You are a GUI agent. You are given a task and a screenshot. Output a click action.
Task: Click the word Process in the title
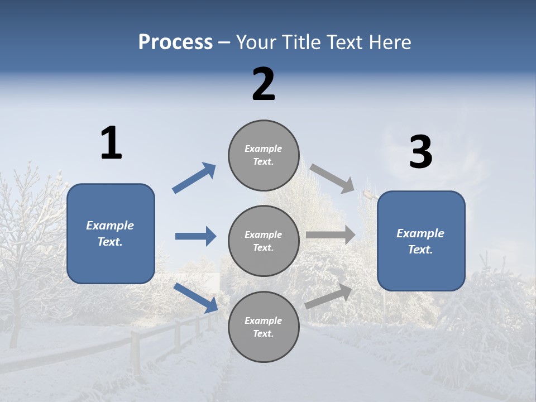pyautogui.click(x=175, y=42)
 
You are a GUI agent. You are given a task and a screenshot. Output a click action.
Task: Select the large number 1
pyautogui.click(x=111, y=143)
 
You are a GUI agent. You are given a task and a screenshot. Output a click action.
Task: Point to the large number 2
pyautogui.click(x=264, y=84)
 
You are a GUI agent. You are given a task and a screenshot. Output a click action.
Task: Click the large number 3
pyautogui.click(x=420, y=152)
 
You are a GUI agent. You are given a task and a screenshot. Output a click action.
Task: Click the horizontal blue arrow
pyautogui.click(x=195, y=236)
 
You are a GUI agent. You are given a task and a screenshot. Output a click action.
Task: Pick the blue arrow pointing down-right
pyautogui.click(x=196, y=298)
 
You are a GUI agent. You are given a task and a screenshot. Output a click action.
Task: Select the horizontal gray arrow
pyautogui.click(x=331, y=235)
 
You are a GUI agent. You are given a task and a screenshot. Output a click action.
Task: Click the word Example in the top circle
pyautogui.click(x=263, y=149)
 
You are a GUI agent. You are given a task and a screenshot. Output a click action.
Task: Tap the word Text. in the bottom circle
pyautogui.click(x=263, y=333)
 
